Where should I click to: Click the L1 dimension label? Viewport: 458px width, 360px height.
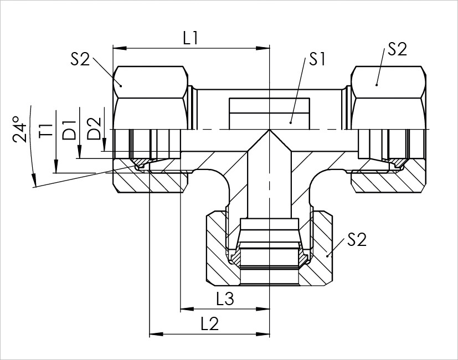pos(191,38)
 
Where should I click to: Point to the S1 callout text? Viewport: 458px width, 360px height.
pos(317,59)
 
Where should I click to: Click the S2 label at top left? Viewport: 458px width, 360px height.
pos(80,59)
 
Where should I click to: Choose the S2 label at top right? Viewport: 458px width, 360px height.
pos(397,49)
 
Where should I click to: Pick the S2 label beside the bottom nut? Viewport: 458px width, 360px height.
pos(357,240)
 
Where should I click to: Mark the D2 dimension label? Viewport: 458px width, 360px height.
pos(95,128)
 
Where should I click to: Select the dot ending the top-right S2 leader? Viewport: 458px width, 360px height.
pos(376,85)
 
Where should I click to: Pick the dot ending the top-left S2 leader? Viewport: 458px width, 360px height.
pos(120,85)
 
